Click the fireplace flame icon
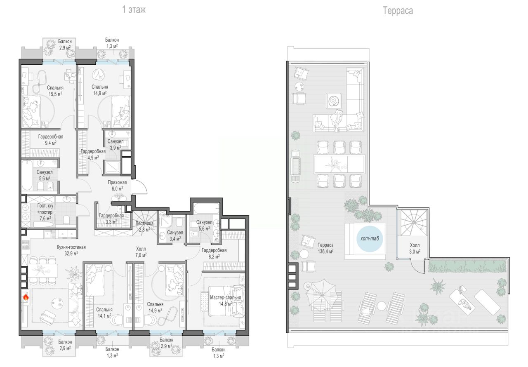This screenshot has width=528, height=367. pyautogui.click(x=26, y=297)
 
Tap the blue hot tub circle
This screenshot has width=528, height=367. pyautogui.click(x=369, y=239)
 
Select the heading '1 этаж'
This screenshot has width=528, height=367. pyautogui.click(x=134, y=9)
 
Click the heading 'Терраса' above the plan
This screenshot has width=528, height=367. pyautogui.click(x=398, y=11)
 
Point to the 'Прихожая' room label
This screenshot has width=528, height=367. pyautogui.click(x=117, y=182)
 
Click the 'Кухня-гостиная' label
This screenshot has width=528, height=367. pyautogui.click(x=71, y=247)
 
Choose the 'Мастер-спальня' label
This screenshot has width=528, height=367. pyautogui.click(x=226, y=297)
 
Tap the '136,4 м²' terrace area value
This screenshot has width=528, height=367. pyautogui.click(x=325, y=252)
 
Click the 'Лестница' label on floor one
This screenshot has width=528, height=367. pyautogui.click(x=145, y=223)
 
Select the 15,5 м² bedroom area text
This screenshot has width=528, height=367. pyautogui.click(x=55, y=94)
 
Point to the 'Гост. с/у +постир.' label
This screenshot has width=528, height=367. pyautogui.click(x=45, y=209)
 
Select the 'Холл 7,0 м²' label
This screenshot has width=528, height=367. pyautogui.click(x=141, y=252)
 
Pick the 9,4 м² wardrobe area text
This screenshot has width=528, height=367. pyautogui.click(x=51, y=143)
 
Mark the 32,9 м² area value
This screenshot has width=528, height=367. pyautogui.click(x=71, y=254)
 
